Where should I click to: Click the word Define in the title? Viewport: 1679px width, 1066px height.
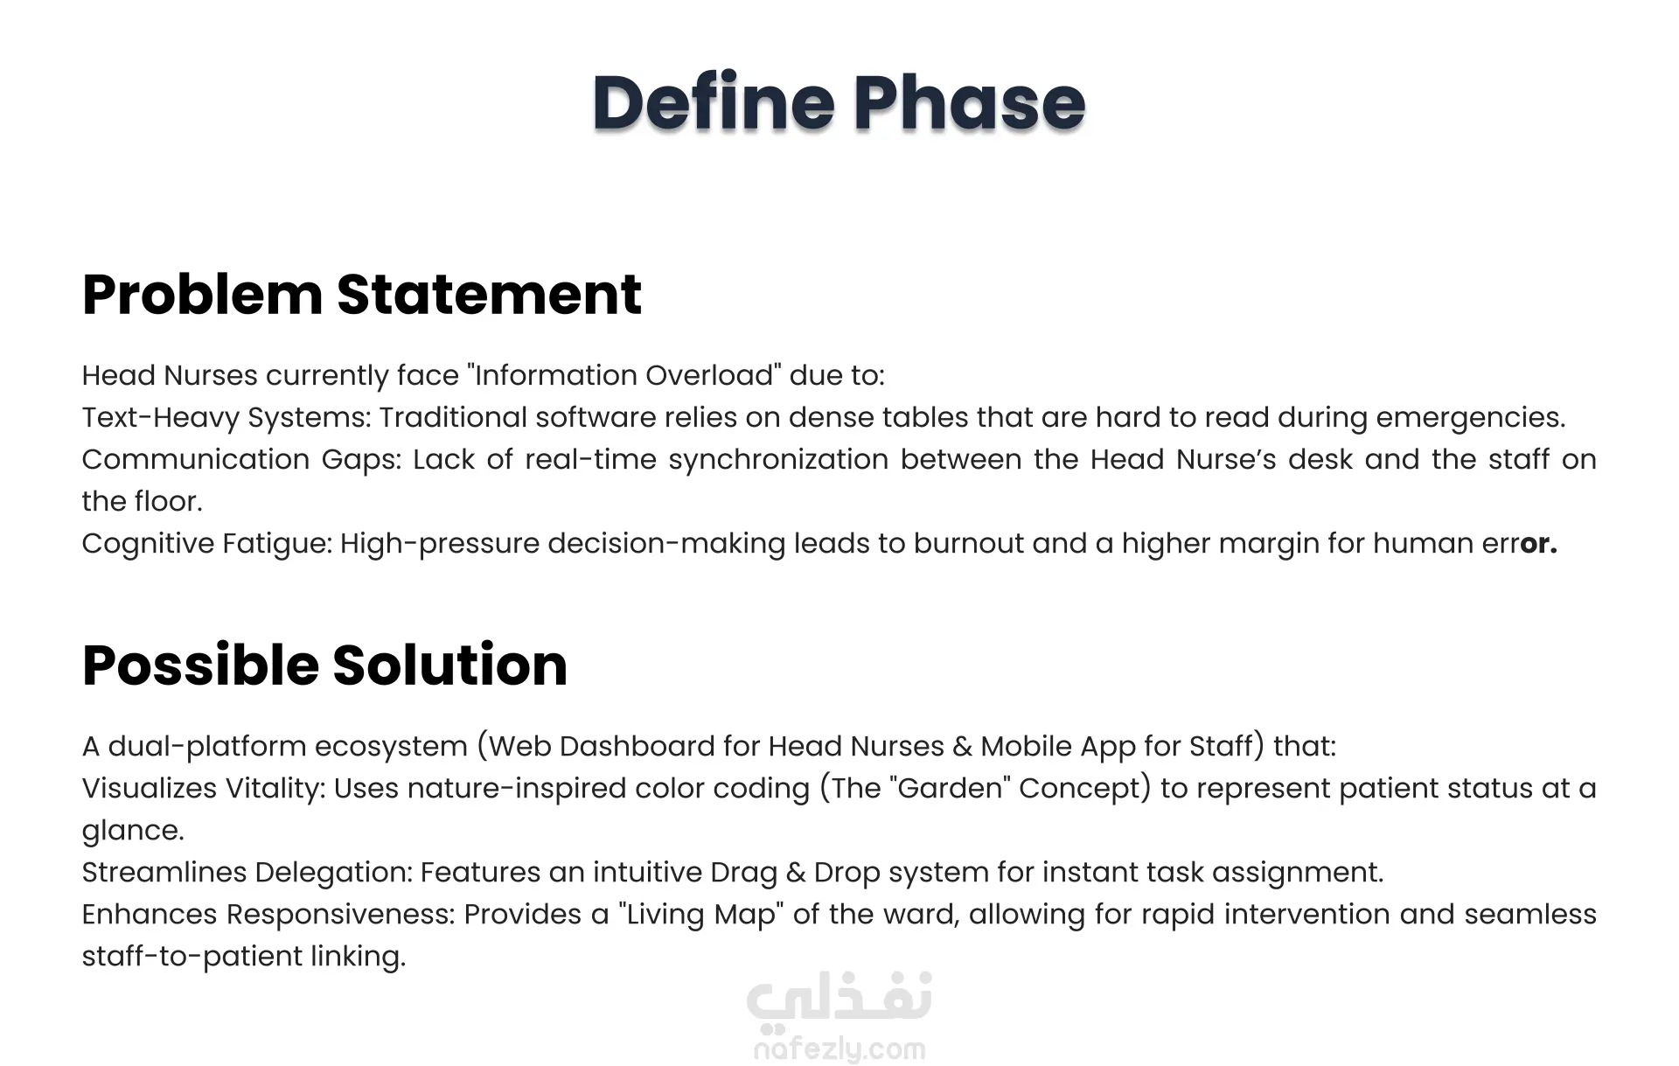714,102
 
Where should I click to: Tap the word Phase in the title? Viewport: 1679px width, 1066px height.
969,102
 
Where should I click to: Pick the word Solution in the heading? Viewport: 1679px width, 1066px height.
450,665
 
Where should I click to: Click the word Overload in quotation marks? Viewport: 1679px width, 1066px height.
710,375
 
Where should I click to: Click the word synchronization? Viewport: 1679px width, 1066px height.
778,460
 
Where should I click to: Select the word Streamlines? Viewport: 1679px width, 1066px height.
164,873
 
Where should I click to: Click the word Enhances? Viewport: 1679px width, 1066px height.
150,915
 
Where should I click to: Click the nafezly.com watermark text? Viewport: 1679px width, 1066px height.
839,1049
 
